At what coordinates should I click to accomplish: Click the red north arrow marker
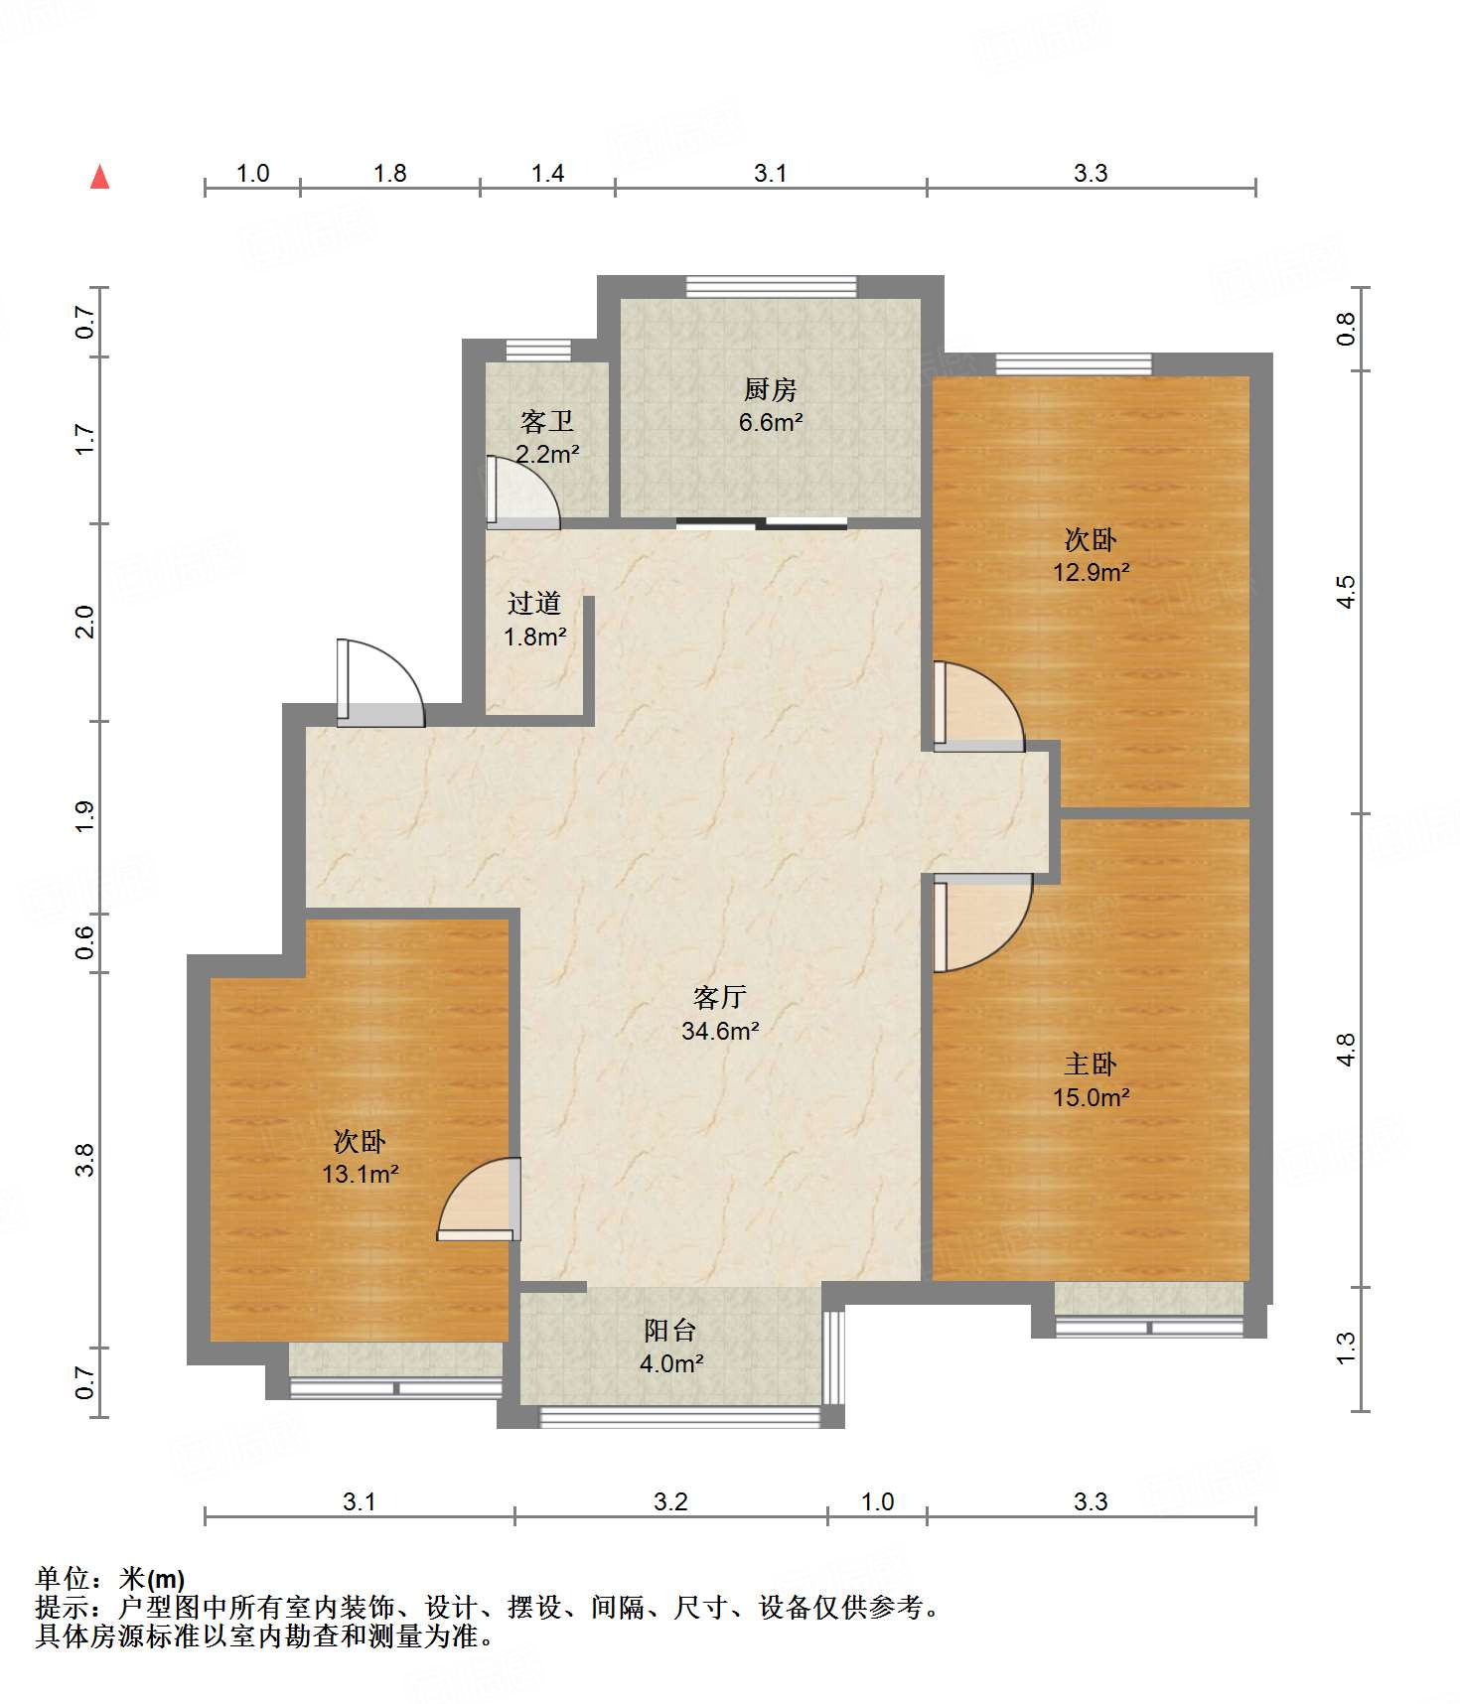[x=99, y=178]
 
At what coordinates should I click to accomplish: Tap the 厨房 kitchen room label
[x=770, y=389]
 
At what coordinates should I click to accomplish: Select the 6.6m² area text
[x=770, y=422]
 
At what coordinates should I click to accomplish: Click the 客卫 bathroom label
[x=547, y=422]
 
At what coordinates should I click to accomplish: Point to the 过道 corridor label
[x=534, y=603]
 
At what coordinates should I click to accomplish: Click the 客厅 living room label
[x=720, y=997]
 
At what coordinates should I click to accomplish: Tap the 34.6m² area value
[x=720, y=1031]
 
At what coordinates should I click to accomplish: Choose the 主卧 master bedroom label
[x=1091, y=1065]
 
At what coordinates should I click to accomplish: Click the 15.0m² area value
[x=1091, y=1097]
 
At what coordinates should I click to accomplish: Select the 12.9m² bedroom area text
[x=1092, y=572]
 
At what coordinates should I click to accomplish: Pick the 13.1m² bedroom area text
[x=360, y=1174]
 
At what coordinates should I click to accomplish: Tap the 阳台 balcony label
[x=670, y=1331]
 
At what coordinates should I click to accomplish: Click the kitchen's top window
[x=771, y=286]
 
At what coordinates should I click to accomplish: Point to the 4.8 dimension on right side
[x=1345, y=1050]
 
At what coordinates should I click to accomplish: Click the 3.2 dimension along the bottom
[x=670, y=1501]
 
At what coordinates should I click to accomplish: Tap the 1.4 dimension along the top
[x=547, y=173]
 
